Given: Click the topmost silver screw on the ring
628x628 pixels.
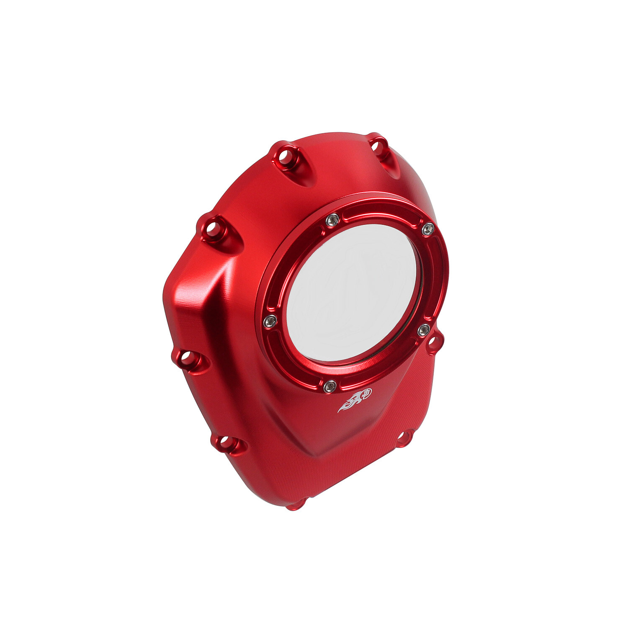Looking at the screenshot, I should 332,220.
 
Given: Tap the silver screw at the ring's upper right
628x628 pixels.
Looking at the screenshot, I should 427,229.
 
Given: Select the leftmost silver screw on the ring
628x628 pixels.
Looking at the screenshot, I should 270,322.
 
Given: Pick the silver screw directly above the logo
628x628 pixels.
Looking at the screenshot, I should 330,386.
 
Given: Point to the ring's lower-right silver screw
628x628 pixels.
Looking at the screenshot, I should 424,330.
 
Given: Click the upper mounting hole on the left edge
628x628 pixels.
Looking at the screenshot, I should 211,229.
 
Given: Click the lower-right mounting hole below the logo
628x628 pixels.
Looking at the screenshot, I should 403,438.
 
